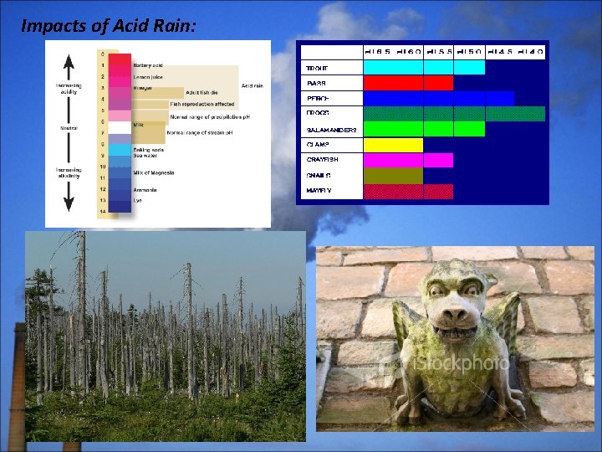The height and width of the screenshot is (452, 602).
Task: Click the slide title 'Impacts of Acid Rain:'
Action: (x=109, y=26)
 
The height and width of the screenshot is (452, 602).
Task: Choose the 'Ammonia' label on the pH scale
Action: (x=145, y=189)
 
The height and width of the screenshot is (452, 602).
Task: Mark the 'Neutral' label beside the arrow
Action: (x=69, y=128)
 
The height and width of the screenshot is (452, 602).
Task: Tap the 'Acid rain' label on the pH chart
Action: (x=253, y=85)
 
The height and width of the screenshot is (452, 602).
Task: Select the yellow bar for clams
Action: (x=393, y=145)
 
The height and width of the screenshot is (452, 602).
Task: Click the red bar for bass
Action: (x=408, y=83)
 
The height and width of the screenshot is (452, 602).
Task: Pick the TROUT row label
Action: (x=317, y=67)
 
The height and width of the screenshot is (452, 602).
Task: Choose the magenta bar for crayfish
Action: (x=408, y=160)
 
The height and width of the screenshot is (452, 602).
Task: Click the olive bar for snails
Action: (x=393, y=176)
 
